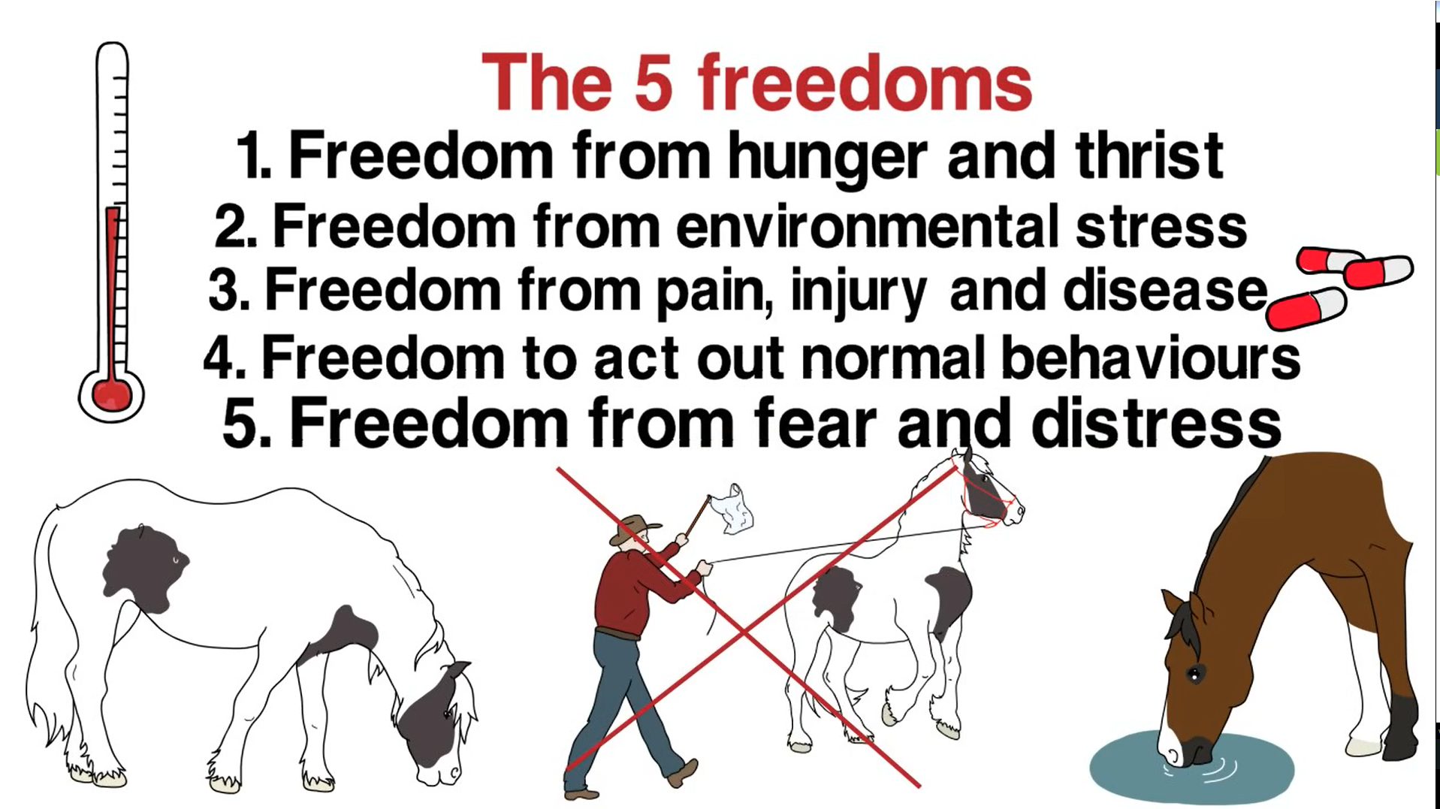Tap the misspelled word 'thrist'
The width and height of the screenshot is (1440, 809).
point(1149,155)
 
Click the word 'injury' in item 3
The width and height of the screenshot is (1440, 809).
point(858,291)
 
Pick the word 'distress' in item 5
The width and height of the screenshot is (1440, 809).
point(1156,423)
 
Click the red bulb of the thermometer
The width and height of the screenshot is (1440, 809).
point(111,393)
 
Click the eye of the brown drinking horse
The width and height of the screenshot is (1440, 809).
point(1194,674)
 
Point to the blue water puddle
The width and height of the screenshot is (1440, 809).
point(1191,767)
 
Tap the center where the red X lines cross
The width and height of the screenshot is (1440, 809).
point(744,632)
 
